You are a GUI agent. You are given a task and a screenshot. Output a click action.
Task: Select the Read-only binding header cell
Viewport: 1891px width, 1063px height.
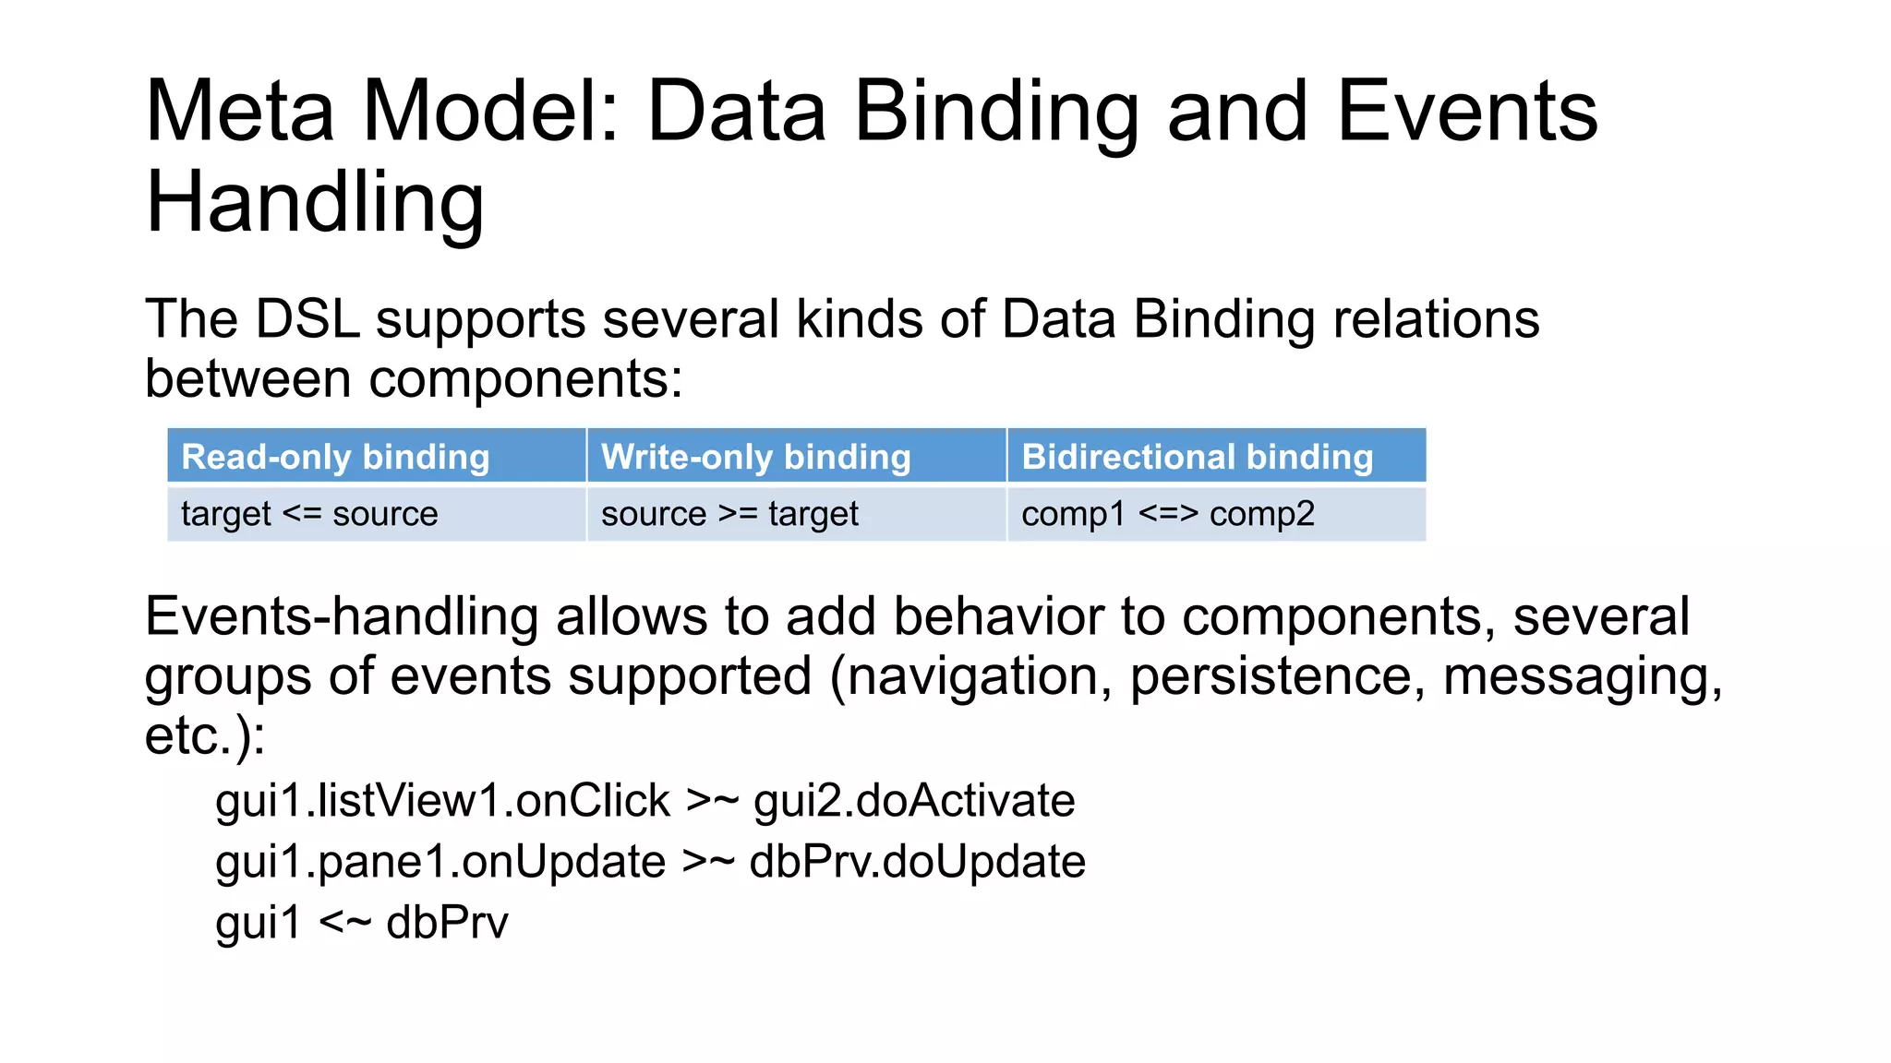376,456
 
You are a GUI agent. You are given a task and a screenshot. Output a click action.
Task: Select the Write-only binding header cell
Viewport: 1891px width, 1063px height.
796,456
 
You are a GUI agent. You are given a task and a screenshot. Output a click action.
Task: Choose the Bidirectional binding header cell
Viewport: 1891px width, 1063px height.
1216,456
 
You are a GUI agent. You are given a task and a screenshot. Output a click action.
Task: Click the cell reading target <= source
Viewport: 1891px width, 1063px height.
376,514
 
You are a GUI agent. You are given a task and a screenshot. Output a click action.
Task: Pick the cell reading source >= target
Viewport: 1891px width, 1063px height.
796,514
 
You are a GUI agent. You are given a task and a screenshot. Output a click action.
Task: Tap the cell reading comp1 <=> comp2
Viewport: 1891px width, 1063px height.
1216,514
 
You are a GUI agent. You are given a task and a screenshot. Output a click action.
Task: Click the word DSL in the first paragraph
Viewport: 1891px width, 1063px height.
307,319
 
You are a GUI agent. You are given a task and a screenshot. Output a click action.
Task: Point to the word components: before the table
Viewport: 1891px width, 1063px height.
526,379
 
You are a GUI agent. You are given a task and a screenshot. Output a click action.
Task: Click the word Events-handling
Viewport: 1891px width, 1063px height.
341,616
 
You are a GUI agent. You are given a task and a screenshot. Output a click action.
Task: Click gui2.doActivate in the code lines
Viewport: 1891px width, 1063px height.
914,800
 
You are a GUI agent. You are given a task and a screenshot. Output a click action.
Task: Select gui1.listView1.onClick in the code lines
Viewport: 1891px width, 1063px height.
442,800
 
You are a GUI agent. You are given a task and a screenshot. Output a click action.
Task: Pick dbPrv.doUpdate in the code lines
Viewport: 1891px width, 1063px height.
917,861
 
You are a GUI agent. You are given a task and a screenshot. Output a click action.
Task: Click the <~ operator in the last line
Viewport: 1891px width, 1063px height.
345,922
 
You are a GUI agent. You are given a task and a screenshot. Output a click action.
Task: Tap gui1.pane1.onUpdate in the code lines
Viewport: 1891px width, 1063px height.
440,861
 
